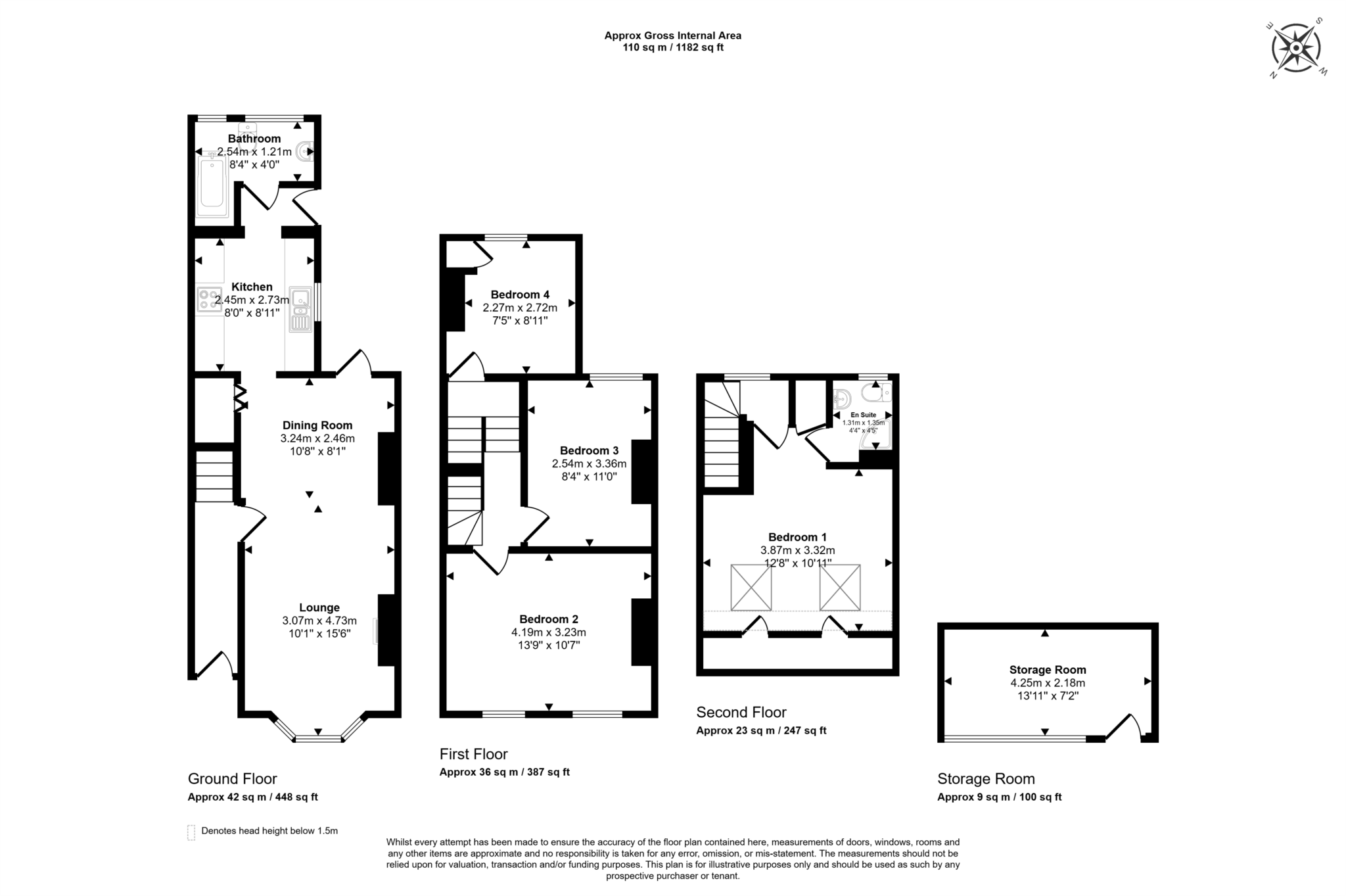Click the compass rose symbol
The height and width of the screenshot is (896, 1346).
tap(1295, 48)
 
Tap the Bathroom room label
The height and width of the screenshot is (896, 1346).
tap(254, 139)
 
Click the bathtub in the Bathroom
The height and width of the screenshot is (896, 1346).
tap(212, 186)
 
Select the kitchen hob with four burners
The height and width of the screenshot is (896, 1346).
tap(209, 300)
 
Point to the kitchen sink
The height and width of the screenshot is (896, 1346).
tap(300, 309)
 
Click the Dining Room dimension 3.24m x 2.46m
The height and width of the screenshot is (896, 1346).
tap(317, 438)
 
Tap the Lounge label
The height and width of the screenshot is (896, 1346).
tap(319, 608)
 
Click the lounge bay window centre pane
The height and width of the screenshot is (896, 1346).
tap(318, 740)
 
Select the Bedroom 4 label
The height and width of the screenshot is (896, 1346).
tap(519, 295)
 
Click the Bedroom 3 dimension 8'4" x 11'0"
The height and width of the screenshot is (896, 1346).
tap(589, 477)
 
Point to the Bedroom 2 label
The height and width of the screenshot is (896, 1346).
tap(548, 619)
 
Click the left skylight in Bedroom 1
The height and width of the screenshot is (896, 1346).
tap(751, 587)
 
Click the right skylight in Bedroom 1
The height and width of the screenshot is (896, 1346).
tap(839, 587)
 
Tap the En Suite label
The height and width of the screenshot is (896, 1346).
tap(863, 415)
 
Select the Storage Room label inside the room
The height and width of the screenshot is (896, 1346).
tap(1048, 670)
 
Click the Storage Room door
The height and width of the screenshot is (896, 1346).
tap(1123, 727)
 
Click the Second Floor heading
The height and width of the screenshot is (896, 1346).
tap(741, 713)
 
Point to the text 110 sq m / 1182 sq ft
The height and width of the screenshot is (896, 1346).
tap(673, 47)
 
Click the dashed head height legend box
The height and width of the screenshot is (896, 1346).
tap(191, 832)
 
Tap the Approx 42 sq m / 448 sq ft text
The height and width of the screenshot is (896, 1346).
tap(252, 797)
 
